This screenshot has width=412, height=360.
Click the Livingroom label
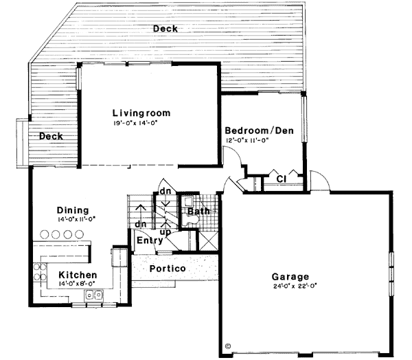point(141,113)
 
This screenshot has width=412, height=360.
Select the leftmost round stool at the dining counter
point(46,234)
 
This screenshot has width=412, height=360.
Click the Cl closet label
point(281,179)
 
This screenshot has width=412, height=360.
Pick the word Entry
point(150,240)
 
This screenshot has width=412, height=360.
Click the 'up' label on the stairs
point(165,232)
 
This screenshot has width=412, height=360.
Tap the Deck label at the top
point(165,28)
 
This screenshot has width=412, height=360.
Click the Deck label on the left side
point(51,136)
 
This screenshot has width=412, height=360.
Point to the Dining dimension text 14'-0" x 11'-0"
point(76,219)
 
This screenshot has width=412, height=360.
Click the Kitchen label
point(67,275)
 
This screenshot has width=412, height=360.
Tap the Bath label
point(198,211)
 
